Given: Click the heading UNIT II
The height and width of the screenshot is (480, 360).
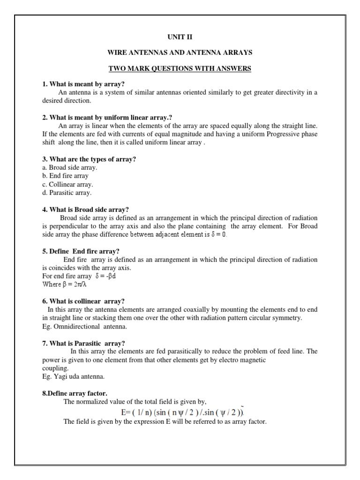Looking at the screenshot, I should [x=180, y=36].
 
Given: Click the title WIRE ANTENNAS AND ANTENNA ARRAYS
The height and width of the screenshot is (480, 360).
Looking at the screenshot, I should [x=180, y=52].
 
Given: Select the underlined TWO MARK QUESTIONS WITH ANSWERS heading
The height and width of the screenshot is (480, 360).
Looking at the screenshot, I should [x=180, y=68].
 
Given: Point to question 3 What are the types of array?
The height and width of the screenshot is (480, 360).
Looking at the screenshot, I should [x=89, y=159].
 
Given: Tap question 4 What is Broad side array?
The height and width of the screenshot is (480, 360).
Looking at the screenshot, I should [x=85, y=210].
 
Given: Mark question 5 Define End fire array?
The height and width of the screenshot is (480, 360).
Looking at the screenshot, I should [x=81, y=251].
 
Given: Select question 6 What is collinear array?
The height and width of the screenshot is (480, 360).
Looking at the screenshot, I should [x=83, y=301].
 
